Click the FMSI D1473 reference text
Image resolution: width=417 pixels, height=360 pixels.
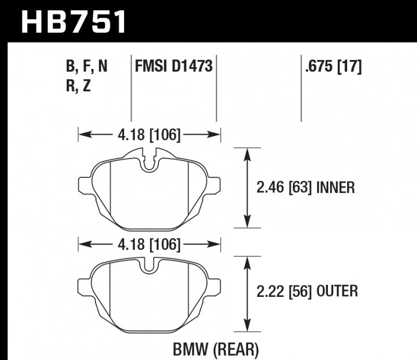click(x=173, y=67)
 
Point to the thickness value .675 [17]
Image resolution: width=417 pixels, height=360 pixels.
click(x=332, y=67)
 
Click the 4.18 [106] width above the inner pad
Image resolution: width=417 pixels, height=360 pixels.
click(x=149, y=135)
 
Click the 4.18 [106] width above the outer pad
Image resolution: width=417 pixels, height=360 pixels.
click(x=149, y=244)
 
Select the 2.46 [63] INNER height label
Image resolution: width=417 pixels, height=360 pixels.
click(x=307, y=187)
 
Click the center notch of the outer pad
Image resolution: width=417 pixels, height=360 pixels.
click(x=150, y=267)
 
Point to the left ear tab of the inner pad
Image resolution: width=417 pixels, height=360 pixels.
click(x=83, y=185)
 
